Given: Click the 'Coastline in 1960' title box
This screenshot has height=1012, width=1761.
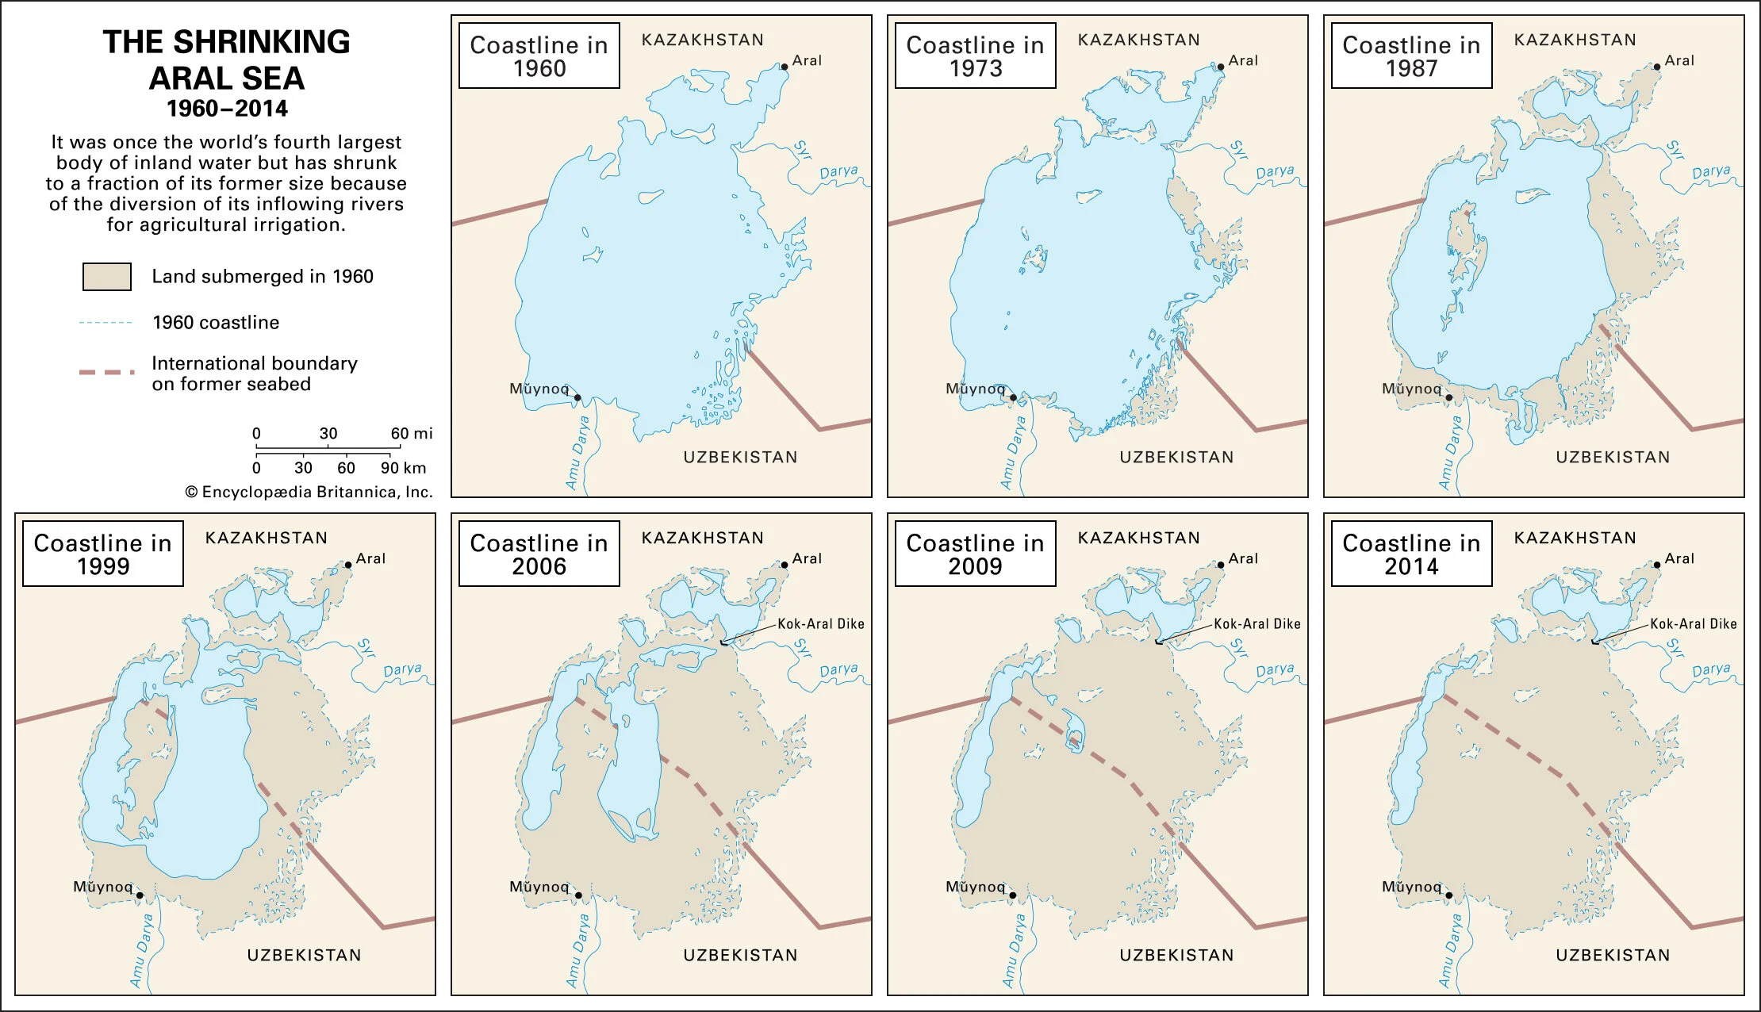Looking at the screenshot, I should coord(539,56).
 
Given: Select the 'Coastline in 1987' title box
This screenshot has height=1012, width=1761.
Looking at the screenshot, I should coord(1411,56).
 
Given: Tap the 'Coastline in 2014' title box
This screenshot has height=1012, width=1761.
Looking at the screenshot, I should coord(1411,554).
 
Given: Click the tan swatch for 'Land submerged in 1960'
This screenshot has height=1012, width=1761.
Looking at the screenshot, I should coord(107,277).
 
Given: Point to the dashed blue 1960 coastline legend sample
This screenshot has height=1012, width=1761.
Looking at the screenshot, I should coord(106,323).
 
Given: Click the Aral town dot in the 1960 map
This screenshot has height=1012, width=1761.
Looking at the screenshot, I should coord(785,67).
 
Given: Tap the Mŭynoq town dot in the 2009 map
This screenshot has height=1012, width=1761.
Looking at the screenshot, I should coord(1013,895).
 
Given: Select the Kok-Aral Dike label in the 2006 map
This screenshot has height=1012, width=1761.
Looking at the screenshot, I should coord(821,624).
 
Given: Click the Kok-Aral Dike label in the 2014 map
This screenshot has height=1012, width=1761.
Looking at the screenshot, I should coord(1694,624).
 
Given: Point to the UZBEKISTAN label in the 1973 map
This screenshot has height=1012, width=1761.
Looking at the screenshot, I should coord(1176,458).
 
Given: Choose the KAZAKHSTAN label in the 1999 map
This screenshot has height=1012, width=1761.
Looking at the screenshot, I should coord(267,539).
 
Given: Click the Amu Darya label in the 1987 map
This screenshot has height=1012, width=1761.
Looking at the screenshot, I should coord(1451,452).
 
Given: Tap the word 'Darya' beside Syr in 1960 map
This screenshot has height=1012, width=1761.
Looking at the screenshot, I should coord(838,171).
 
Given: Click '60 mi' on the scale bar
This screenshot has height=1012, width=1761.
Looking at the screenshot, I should coord(412,434).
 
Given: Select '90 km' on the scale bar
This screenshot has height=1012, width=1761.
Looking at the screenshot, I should coord(403,468).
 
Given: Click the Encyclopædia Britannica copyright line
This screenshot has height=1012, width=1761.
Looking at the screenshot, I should coord(309,493).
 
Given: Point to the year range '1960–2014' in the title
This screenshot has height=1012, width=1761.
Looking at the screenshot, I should coord(227,109).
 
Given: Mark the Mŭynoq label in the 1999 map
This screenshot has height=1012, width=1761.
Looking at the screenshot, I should coord(103,887).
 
